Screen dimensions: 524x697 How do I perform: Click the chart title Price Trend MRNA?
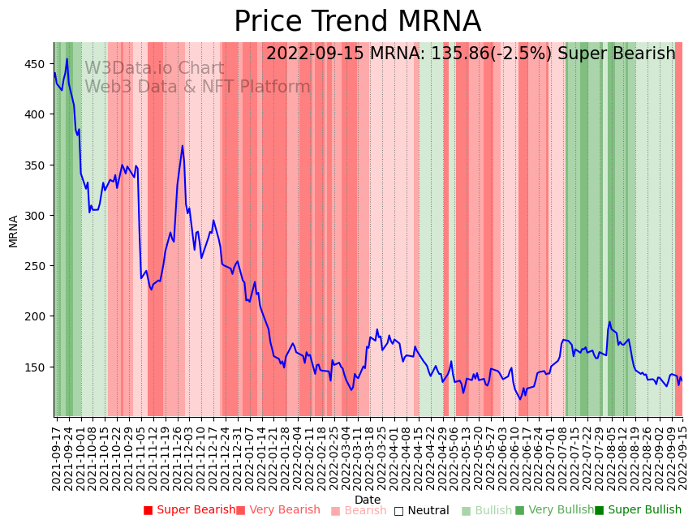[x=357, y=22]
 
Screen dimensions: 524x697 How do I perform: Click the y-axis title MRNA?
[x=14, y=230]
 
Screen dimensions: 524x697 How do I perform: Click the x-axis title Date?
[x=368, y=500]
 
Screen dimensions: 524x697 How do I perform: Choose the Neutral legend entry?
[x=421, y=511]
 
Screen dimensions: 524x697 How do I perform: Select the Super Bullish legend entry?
[x=638, y=510]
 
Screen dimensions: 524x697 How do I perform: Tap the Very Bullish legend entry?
[x=554, y=510]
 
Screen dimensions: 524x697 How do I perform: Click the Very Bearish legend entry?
[x=278, y=510]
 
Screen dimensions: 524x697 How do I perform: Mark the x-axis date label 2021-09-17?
[x=56, y=458]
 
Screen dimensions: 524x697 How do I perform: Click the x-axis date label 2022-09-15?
[x=683, y=458]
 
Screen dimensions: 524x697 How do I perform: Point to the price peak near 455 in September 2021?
[x=67, y=58]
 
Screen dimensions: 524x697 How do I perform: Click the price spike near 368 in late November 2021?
[x=183, y=146]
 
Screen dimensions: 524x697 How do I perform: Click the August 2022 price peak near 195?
[x=610, y=322]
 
